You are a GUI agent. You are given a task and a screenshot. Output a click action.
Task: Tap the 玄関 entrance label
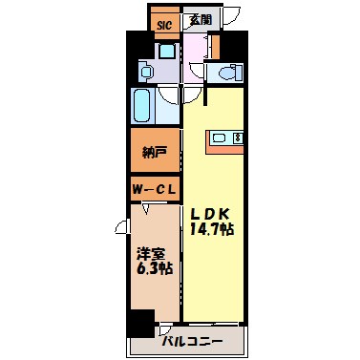point(199,18)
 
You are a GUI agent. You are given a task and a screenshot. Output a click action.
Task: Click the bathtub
point(144,107)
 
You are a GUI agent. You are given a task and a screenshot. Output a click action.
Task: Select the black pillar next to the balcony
point(142,324)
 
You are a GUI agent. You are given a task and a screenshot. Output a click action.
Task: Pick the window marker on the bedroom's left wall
point(122,227)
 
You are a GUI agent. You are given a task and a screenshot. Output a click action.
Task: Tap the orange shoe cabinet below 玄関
point(215,44)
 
